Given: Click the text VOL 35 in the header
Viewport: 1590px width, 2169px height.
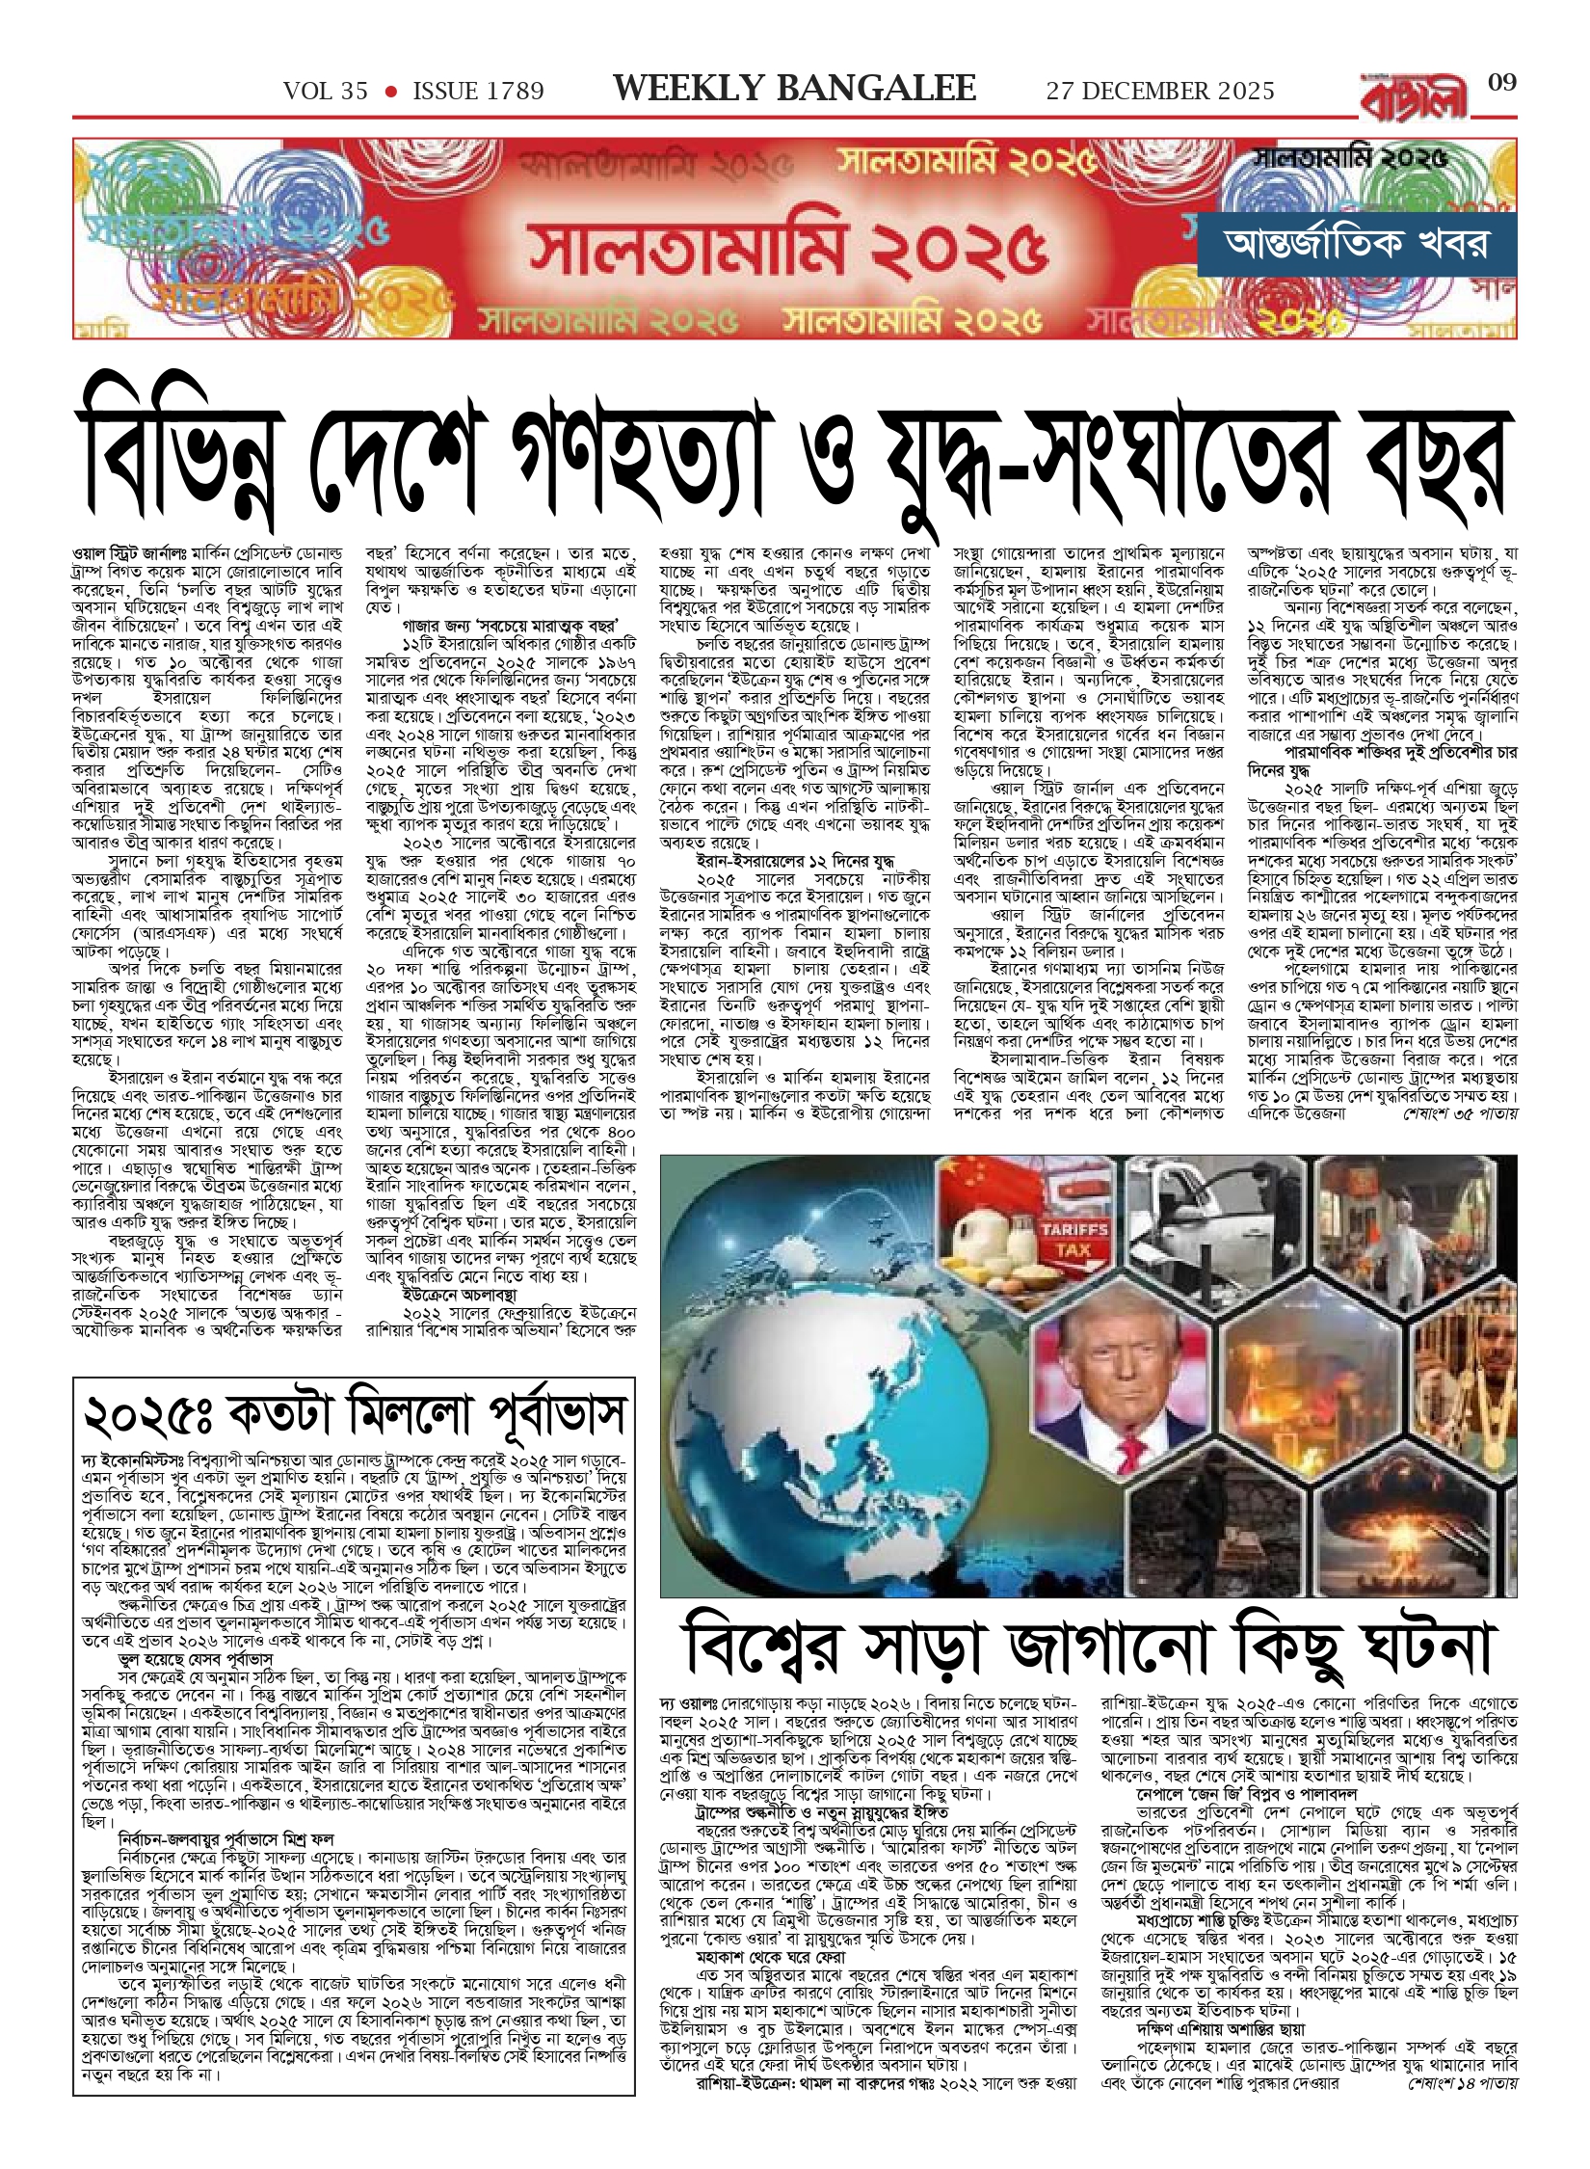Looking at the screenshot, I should coord(326,92).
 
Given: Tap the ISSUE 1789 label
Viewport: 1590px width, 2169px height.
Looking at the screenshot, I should coord(478,92).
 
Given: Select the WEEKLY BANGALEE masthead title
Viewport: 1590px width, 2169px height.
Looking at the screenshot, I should coord(794,89).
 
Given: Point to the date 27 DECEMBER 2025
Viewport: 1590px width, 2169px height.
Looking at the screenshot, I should coord(1160,92).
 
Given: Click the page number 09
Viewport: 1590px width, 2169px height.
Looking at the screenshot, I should coord(1502,83).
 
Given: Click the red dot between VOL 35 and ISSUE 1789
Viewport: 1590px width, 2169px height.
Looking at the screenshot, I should coord(390,92).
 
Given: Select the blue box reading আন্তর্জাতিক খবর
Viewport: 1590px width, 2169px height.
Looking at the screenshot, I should coord(1356,245).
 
